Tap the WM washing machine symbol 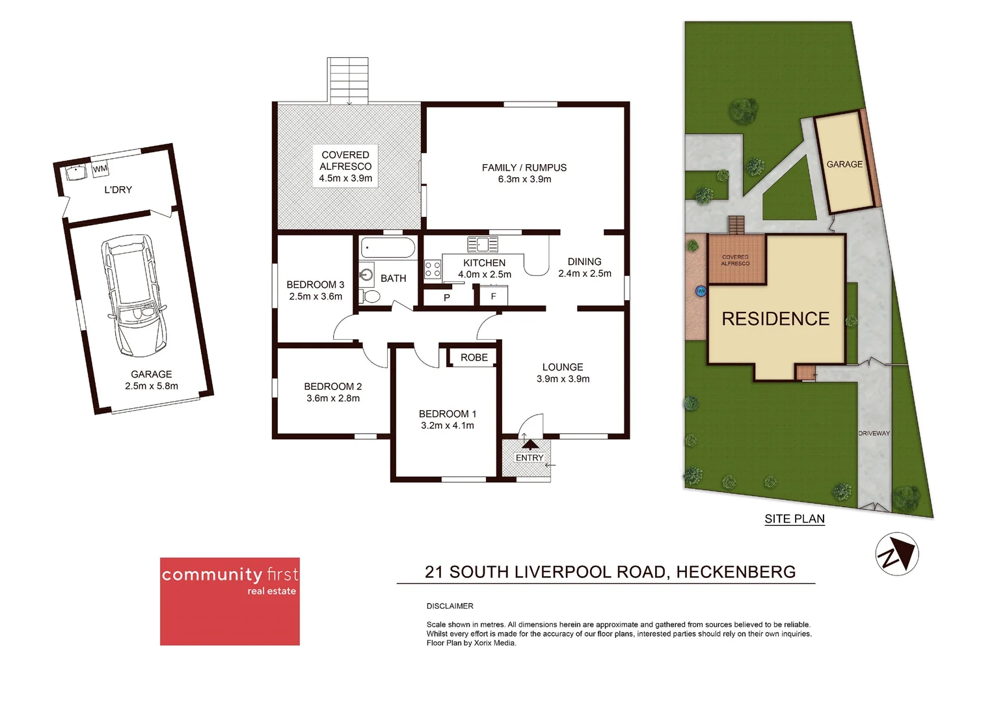coord(100,169)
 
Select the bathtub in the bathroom coord(388,248)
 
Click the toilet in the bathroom coord(370,297)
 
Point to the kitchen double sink coord(483,245)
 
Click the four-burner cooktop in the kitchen coord(433,269)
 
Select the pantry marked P coord(447,297)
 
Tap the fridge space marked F coord(493,297)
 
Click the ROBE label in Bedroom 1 coord(474,357)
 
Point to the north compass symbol coord(896,554)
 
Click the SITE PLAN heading coord(794,519)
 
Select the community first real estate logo coord(230,601)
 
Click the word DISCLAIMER coord(450,606)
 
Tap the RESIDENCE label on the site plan coord(775,319)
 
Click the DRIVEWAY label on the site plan coord(874,434)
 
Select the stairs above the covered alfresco coord(349,80)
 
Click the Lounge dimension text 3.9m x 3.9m coord(563,379)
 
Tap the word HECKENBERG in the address coord(736,572)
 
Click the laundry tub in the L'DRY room coord(76,173)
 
